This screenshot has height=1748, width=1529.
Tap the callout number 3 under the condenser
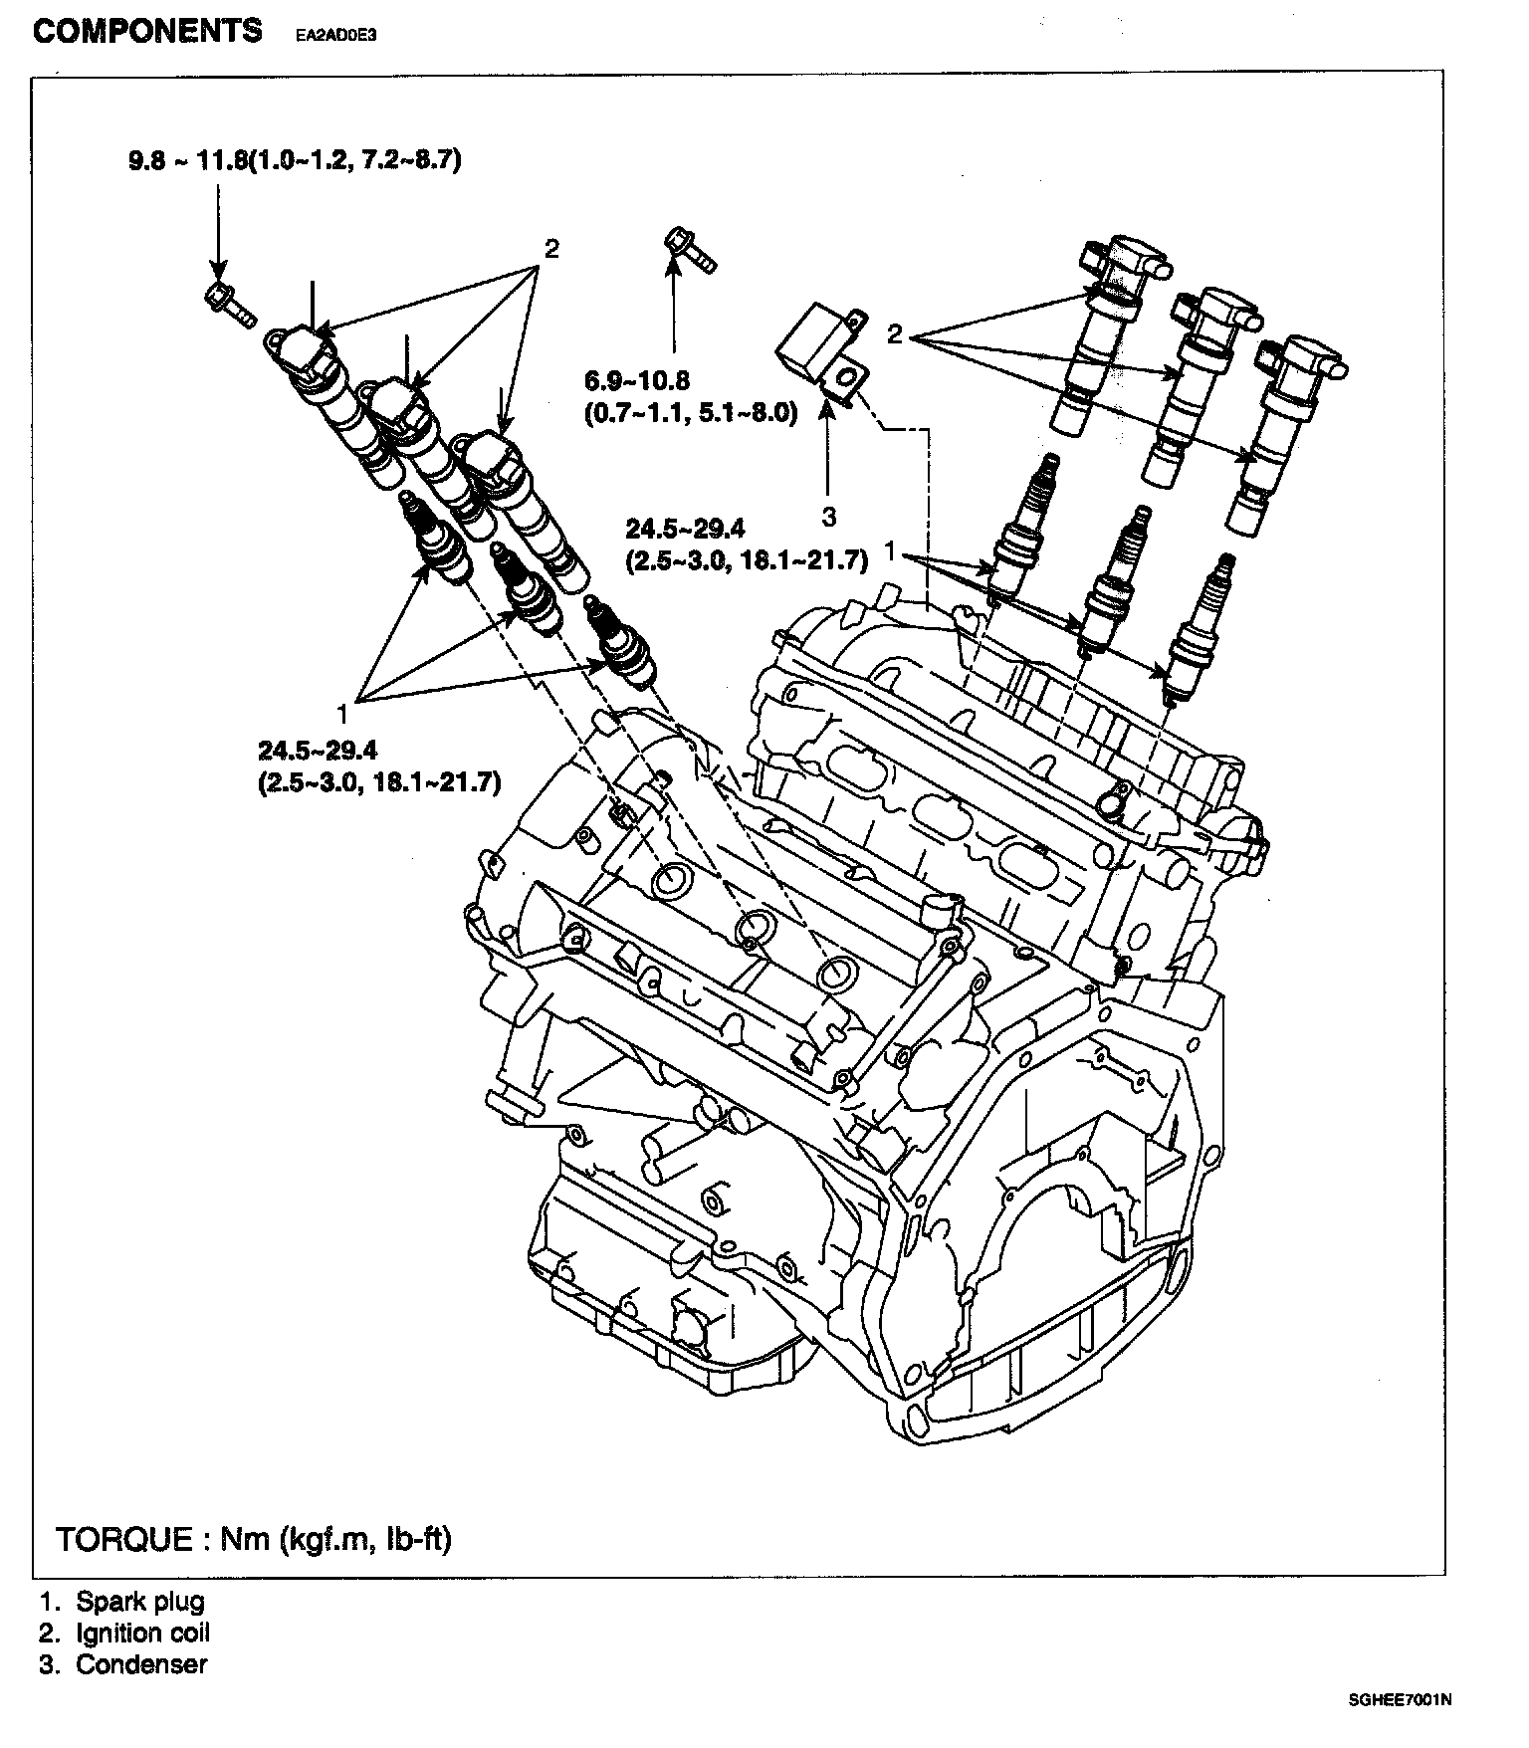click(829, 517)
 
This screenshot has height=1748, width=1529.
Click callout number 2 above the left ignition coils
click(550, 248)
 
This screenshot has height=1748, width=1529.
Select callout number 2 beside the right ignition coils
click(894, 334)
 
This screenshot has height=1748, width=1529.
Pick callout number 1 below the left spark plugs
click(342, 713)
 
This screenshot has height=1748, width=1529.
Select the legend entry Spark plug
click(140, 1602)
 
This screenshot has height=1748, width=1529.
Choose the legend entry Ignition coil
click(143, 1633)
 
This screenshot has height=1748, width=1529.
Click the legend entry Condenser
click(141, 1663)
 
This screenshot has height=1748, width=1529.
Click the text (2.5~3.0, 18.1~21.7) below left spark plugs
click(379, 782)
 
